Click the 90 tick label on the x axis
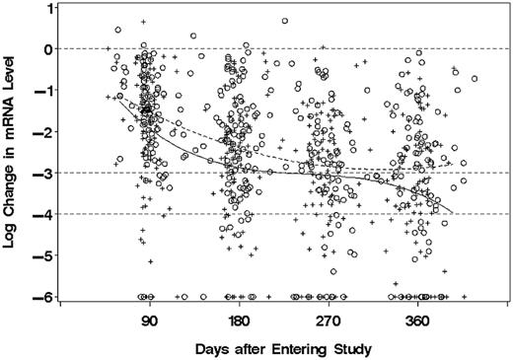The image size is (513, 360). click(149, 322)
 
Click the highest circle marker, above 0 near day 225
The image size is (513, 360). click(284, 21)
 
